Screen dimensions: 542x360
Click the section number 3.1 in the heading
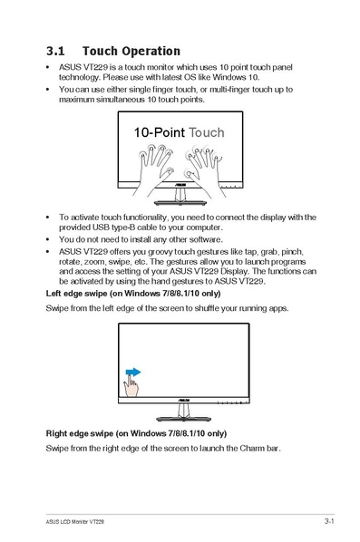coord(57,51)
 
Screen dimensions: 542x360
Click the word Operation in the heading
coord(149,51)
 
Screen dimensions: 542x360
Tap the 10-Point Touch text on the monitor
coord(179,132)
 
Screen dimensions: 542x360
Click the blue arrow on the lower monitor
coord(132,372)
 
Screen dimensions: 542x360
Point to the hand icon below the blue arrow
coord(132,388)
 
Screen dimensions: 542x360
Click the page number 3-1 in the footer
coord(329,522)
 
